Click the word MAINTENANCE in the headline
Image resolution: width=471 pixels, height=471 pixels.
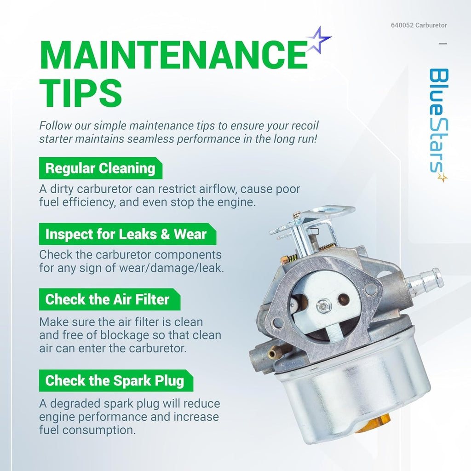174,55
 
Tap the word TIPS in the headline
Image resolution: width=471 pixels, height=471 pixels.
81,93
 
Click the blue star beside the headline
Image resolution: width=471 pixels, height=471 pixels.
319,40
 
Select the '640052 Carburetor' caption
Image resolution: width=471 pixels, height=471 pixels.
419,25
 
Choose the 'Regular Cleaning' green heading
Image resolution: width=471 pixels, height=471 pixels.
100,168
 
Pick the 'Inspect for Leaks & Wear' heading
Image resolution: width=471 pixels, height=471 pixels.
126,234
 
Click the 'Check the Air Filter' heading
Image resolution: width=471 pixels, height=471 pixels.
108,299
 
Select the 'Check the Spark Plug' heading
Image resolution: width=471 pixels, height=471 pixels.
115,380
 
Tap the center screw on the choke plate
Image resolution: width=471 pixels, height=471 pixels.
324,306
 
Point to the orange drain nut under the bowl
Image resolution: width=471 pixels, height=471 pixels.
373,424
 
